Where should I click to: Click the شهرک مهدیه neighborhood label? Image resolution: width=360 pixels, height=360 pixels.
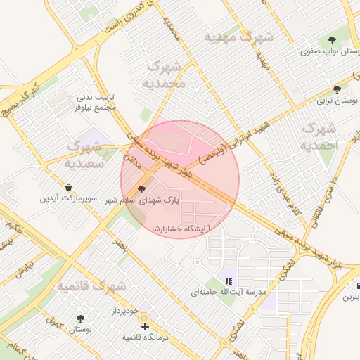(238, 37)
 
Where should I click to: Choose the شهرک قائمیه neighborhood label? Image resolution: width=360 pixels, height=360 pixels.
(91, 287)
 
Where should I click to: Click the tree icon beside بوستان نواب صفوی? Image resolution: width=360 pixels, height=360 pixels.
(332, 39)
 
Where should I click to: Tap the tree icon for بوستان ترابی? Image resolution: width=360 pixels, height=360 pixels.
(338, 89)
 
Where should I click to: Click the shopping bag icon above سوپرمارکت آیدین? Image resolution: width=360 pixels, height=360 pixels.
(67, 187)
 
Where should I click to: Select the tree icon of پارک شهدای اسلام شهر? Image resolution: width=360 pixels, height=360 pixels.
(142, 188)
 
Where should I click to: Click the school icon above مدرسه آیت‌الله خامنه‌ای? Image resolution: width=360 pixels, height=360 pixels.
(228, 281)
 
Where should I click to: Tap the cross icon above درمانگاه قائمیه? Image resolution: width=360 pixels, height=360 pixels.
(145, 327)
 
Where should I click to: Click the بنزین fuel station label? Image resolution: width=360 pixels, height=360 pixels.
(352, 297)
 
